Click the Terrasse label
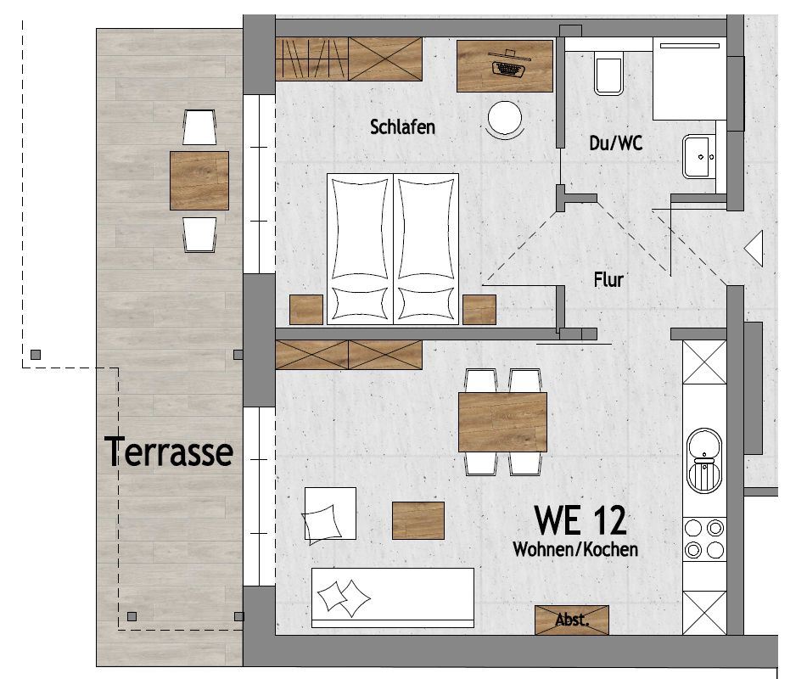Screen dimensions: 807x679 pos(169,451)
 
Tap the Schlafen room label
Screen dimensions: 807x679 pos(402,127)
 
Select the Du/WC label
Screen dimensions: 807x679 pos(615,143)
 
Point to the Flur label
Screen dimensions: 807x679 pos(608,279)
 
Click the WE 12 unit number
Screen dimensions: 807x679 pos(580,520)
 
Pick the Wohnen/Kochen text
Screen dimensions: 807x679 pos(575,549)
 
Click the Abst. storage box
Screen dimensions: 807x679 pos(572,620)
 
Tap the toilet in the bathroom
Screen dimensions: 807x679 pos(608,76)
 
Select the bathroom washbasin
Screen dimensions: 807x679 pos(699,156)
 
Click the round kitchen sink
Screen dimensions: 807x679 pos(704,460)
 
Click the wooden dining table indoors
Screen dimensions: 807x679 pos(502,422)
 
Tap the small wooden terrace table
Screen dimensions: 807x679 pos(199,181)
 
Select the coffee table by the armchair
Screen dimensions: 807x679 pos(418,521)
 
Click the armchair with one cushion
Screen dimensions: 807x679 pos(329,513)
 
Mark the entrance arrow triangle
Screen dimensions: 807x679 pos(754,249)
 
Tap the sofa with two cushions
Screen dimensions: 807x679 pos(393,598)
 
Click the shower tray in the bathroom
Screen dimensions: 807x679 pos(690,79)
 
